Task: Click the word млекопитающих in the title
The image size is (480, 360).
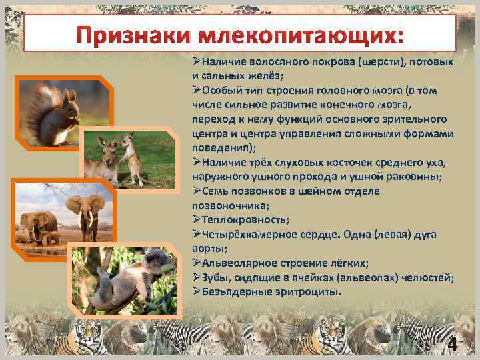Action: point(300,34)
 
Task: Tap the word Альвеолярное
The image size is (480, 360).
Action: point(236,263)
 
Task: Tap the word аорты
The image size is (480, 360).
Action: point(207,248)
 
